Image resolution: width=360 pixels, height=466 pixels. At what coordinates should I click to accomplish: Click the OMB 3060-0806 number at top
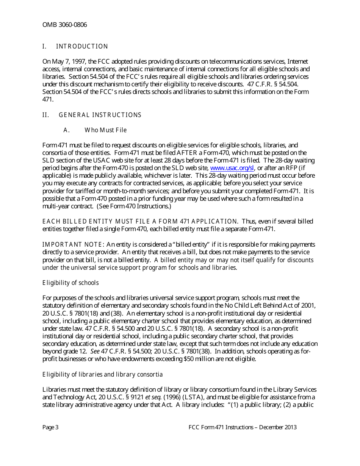coord(64,25)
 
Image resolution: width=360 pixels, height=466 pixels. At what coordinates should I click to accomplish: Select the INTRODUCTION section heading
coord(82,47)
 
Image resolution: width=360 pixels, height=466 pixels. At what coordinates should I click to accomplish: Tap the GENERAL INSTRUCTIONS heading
coord(100,115)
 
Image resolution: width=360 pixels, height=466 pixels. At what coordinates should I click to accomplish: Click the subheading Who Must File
coord(105,130)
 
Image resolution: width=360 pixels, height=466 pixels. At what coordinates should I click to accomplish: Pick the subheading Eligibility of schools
coord(70,283)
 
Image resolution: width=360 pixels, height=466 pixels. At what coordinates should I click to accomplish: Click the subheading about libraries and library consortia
coord(102,375)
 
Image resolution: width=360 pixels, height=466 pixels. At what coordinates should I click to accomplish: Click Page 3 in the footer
coord(50,427)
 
